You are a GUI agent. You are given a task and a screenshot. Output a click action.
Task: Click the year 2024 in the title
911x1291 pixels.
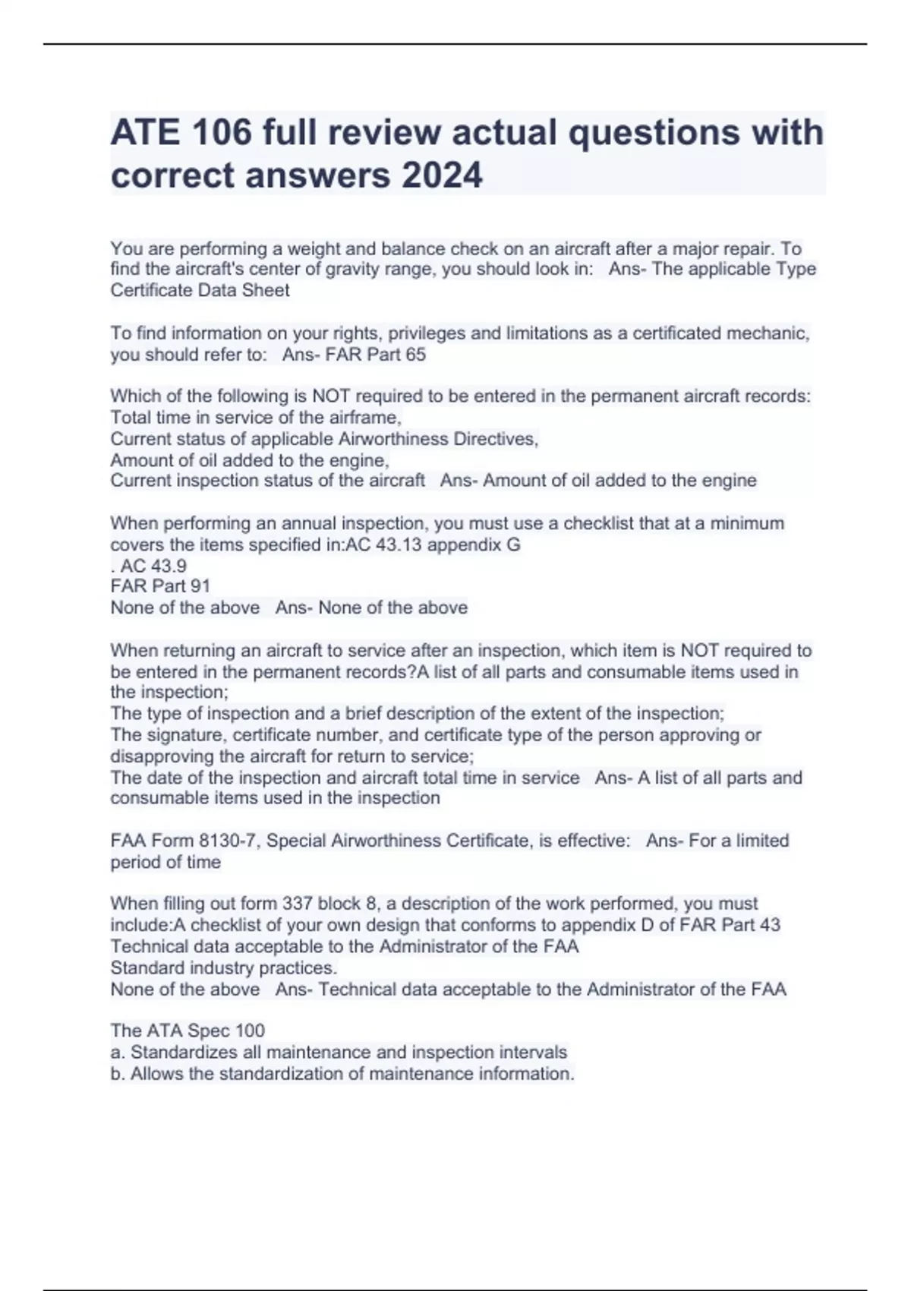(442, 175)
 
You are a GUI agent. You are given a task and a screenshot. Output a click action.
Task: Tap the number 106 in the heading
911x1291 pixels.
(222, 132)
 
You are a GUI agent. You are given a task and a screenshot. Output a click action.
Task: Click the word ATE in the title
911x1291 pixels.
(145, 132)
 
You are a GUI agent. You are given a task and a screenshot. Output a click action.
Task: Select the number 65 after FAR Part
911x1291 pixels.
(416, 355)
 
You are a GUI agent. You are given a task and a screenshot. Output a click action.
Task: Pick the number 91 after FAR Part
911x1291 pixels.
(200, 586)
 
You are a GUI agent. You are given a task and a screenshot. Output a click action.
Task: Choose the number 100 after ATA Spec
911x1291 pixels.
(250, 1031)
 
